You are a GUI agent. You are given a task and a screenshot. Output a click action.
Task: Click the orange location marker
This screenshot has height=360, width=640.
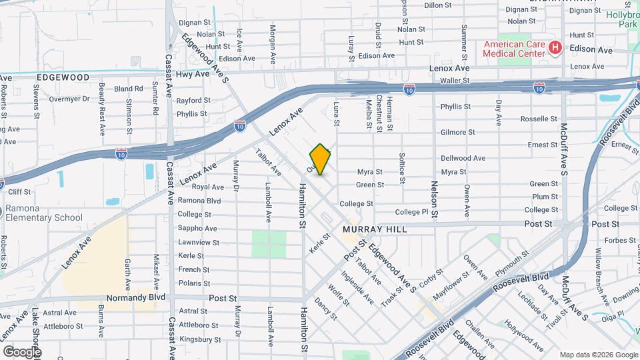[321, 159]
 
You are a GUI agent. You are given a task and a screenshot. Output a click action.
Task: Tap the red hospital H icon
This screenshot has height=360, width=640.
[554, 47]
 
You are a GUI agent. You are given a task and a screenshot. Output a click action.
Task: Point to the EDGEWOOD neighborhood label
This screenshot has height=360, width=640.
[63, 77]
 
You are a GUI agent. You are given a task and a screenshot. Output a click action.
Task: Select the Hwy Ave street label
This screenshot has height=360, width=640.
[196, 74]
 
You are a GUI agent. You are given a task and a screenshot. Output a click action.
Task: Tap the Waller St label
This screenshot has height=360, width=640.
[455, 80]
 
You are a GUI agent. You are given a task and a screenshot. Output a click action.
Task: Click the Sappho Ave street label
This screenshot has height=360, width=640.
[194, 229]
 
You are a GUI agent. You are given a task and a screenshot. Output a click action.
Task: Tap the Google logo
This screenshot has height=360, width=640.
[22, 351]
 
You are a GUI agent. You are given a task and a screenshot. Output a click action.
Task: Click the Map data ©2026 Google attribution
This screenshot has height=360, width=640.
[598, 354]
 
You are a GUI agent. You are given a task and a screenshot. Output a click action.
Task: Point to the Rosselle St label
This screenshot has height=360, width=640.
[538, 119]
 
